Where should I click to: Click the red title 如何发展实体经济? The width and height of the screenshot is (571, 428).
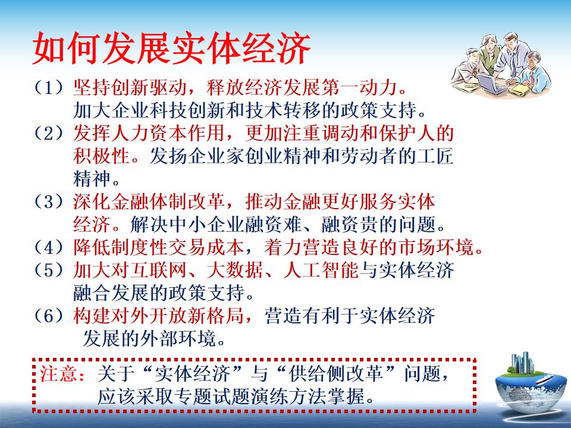pos(172,49)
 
